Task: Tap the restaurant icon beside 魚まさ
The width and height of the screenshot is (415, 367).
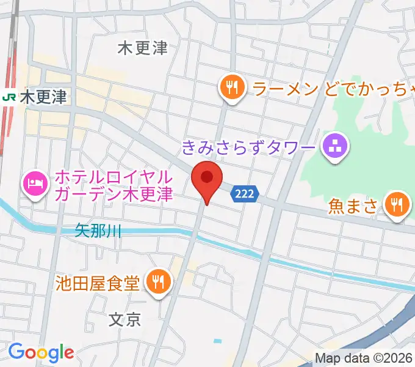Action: pos(398,206)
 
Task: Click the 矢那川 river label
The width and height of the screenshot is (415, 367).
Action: pos(98,231)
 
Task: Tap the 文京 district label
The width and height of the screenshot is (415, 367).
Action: pos(125,319)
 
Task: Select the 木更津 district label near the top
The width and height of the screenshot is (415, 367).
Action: pos(143,48)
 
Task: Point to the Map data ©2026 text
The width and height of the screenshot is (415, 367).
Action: pos(364,358)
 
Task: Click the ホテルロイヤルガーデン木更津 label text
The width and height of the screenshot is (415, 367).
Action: pos(114,186)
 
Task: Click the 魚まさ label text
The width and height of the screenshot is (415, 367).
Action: pos(353,206)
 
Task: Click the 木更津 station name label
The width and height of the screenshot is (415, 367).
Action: pos(43,97)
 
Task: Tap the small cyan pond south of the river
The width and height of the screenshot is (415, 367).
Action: pos(215,340)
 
